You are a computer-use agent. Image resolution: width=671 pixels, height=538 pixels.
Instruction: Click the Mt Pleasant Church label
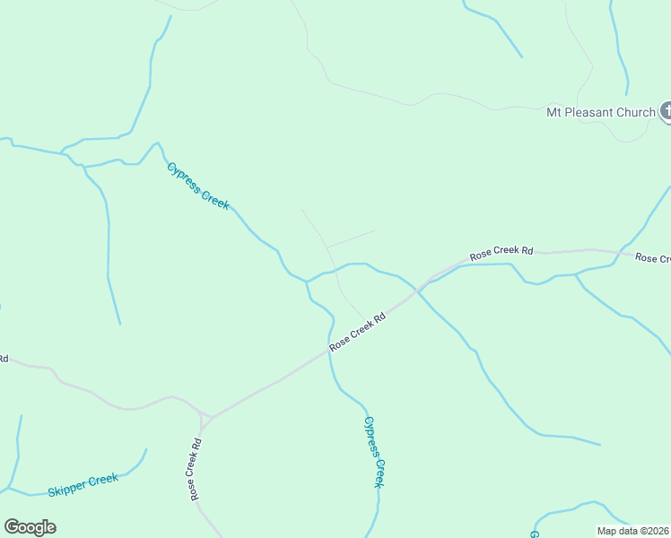click(x=601, y=112)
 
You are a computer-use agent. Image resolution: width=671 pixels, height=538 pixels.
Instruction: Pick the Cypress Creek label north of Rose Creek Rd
click(x=198, y=186)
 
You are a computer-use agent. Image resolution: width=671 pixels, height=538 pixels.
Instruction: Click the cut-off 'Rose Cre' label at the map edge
click(x=652, y=258)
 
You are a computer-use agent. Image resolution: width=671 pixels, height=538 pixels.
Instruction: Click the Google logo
click(x=30, y=527)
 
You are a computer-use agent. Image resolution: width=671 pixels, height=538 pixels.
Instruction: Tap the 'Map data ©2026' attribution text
click(x=632, y=531)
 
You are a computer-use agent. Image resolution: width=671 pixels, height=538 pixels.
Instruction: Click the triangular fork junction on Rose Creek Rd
click(x=205, y=419)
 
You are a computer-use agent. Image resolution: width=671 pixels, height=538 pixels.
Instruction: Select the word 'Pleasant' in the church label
click(x=592, y=112)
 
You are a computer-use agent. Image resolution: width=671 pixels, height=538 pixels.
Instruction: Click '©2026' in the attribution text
click(x=653, y=531)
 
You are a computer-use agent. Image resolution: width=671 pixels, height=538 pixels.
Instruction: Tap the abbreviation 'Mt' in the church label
click(x=553, y=112)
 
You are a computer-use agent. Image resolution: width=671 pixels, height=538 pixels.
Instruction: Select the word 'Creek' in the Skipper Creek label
click(x=105, y=479)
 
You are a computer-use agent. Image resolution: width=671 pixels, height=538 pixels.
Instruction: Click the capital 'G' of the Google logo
click(x=11, y=526)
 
